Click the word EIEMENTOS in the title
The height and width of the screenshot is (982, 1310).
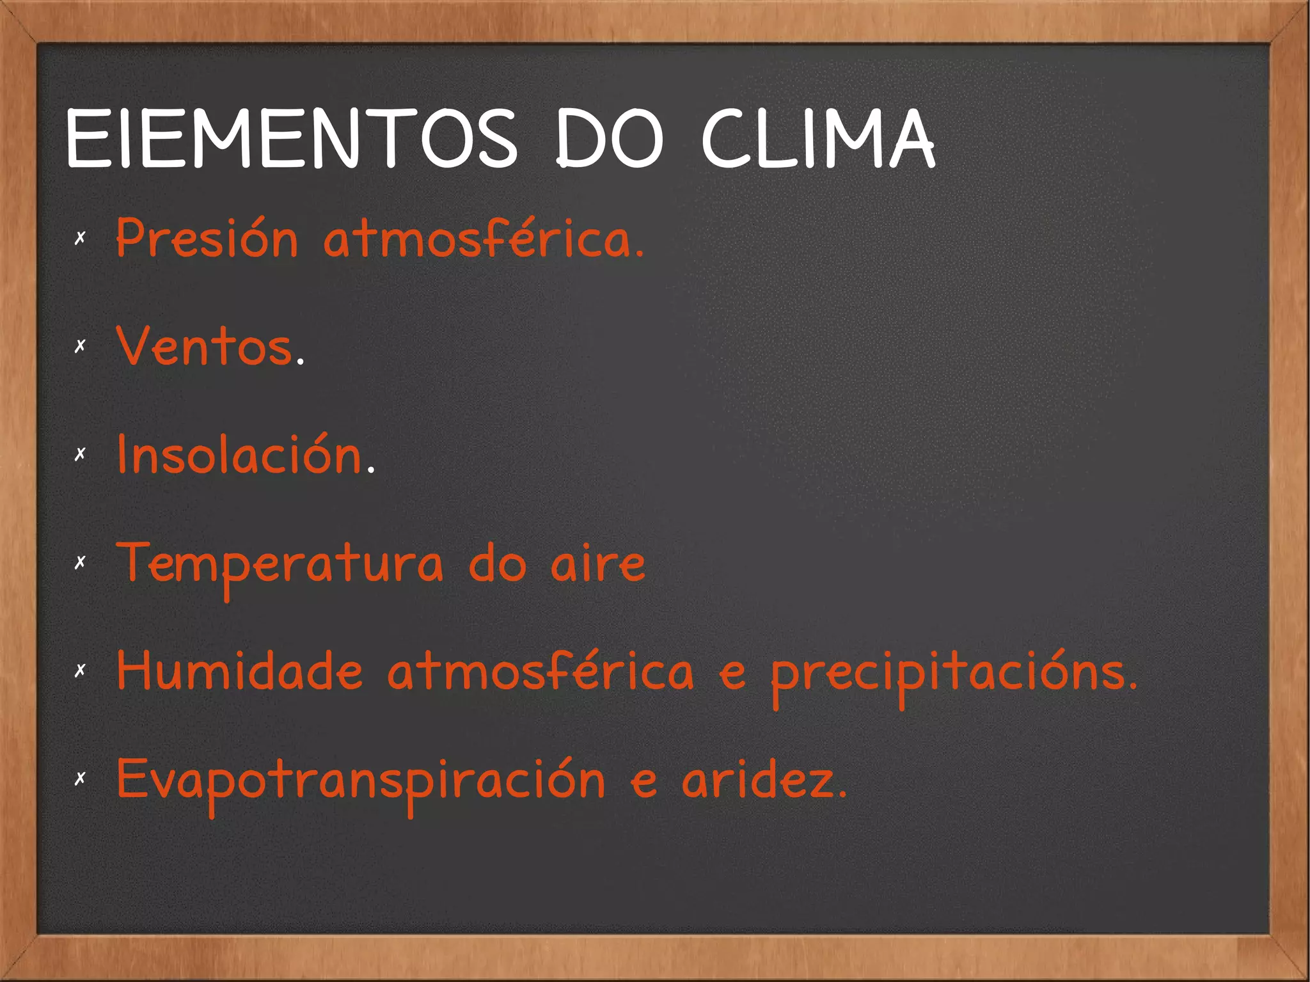(x=291, y=139)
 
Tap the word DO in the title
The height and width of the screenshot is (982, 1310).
(x=609, y=139)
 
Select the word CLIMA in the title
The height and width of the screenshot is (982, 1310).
(x=819, y=139)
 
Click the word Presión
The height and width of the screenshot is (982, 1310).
(x=207, y=238)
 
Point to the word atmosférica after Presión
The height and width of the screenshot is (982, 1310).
(x=483, y=238)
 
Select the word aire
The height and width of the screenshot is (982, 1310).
(x=598, y=564)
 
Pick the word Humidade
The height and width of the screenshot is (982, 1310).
(x=240, y=671)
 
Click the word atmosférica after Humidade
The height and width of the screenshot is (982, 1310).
(x=541, y=671)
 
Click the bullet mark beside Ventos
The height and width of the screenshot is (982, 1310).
(x=80, y=346)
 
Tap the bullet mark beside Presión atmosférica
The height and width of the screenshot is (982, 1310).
(x=80, y=239)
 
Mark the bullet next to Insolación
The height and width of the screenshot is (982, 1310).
(x=80, y=454)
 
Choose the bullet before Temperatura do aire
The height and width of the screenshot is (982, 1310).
(x=80, y=563)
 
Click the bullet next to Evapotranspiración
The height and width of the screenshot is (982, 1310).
(x=80, y=779)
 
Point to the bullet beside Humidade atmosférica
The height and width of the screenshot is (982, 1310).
(x=80, y=670)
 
